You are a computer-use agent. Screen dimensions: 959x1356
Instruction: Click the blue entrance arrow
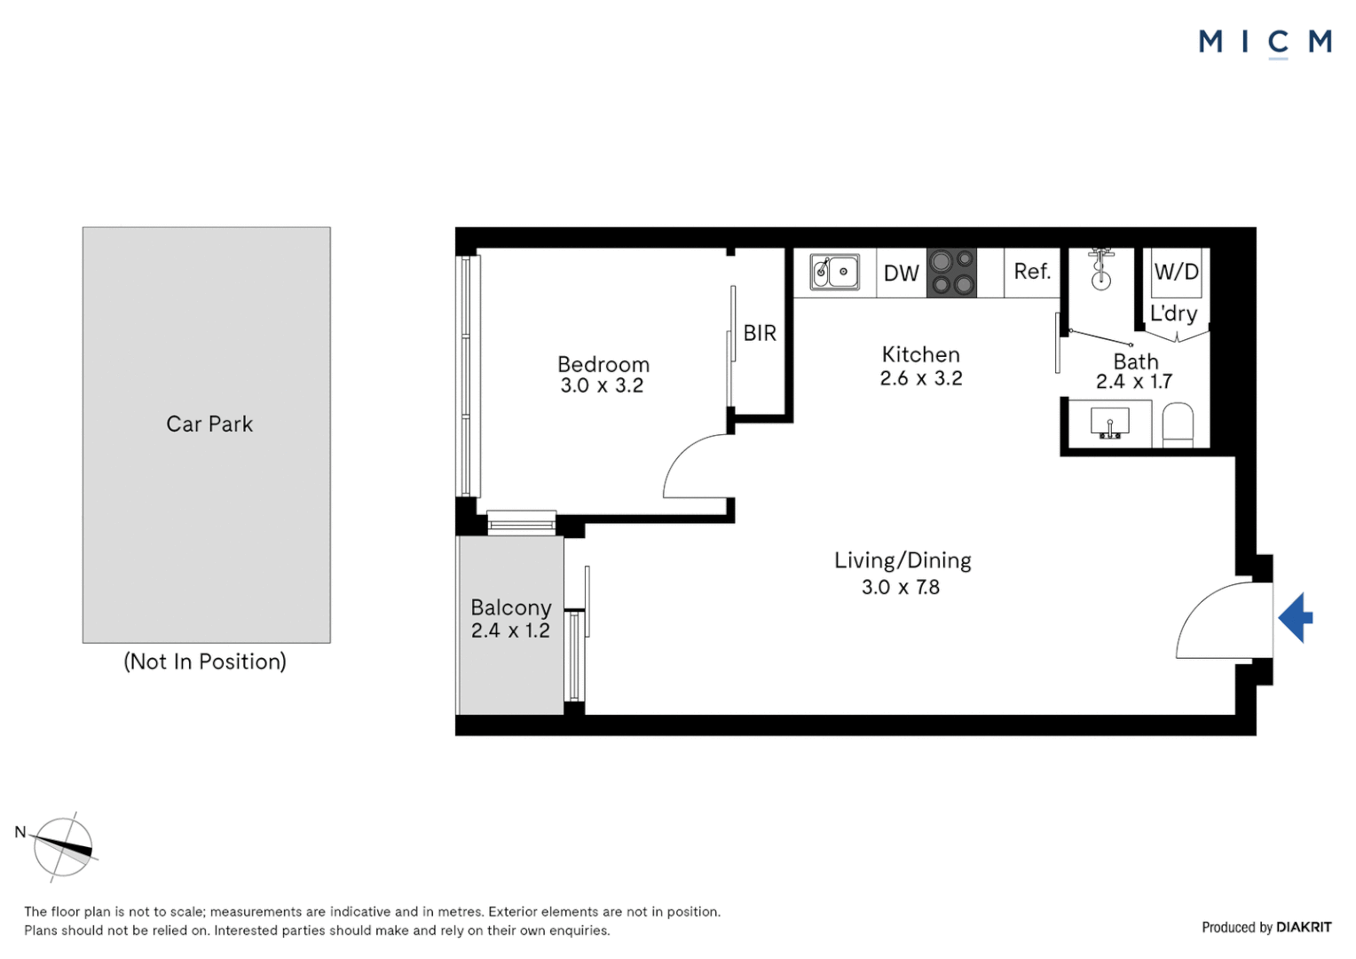coord(1296,617)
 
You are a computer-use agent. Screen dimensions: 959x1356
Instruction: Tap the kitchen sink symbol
coord(835,272)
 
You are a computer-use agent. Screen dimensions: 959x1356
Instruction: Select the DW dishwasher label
coord(901,273)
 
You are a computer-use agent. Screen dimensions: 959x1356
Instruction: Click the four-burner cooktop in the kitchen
coord(951,273)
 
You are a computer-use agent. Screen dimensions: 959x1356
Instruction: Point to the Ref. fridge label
coord(1032,272)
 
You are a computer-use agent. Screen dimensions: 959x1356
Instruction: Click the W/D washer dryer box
coord(1176,272)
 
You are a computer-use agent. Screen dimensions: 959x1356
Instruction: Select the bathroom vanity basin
coord(1109,424)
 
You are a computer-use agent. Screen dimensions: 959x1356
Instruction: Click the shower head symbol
coord(1101,269)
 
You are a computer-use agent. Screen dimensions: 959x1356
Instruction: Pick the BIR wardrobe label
coord(760,333)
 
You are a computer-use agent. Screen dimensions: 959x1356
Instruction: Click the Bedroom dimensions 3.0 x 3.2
coord(602,385)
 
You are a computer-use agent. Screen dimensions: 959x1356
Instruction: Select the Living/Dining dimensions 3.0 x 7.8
coord(900,587)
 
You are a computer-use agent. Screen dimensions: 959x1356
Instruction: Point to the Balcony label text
coord(511,607)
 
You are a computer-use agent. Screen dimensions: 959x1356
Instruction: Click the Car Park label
coord(209,424)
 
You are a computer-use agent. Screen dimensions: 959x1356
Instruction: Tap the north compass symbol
coord(63,847)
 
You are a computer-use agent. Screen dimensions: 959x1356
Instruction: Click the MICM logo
coord(1265,42)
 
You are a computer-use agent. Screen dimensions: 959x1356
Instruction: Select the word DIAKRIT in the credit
coord(1304,927)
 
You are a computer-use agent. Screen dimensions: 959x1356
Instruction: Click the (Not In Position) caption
coord(205,662)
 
